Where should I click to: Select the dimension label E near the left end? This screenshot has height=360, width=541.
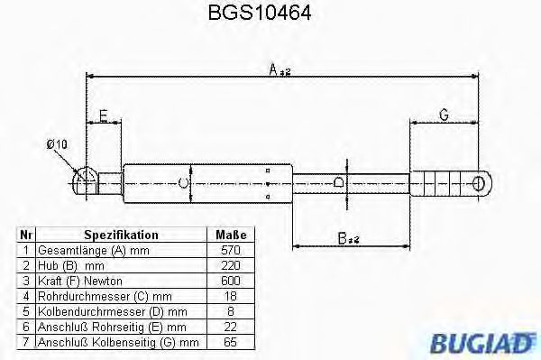click(x=104, y=115)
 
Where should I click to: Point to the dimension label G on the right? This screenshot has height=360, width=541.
click(x=444, y=115)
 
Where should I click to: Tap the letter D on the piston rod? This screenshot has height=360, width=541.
click(x=337, y=183)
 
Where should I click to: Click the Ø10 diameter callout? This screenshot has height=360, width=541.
click(x=57, y=144)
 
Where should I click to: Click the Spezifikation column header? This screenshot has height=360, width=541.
click(x=121, y=235)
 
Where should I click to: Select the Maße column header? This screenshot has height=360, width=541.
click(x=230, y=235)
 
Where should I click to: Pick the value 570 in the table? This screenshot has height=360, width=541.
click(x=230, y=249)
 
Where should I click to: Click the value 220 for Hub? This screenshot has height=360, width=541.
click(x=230, y=265)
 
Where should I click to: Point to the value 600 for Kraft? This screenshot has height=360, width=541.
click(x=230, y=281)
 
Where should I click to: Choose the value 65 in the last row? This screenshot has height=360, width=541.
click(x=230, y=342)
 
